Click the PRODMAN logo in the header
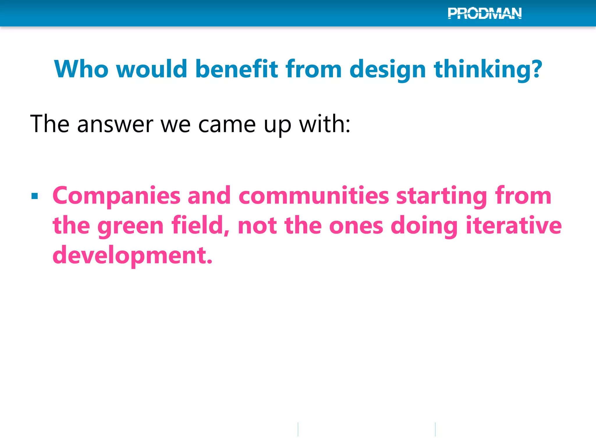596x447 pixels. pos(485,13)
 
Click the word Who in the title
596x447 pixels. pos(81,69)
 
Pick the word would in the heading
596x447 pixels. pos(151,69)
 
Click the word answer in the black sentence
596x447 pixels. pos(115,124)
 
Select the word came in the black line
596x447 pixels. pos(227,124)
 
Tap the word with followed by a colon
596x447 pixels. pos(324,124)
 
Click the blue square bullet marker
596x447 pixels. pos(35,196)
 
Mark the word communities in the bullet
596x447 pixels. pos(314,196)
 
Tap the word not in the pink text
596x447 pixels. pos(257,226)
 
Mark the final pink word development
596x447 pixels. pos(132,255)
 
